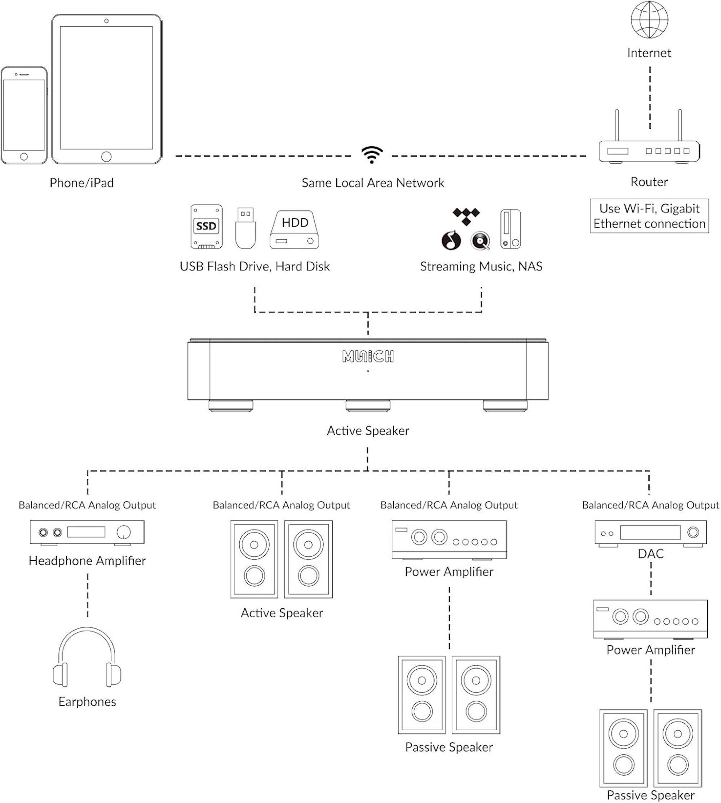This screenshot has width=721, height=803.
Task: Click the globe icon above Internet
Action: [649, 20]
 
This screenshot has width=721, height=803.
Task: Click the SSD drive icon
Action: [207, 226]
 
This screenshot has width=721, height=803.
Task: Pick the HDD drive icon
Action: [294, 229]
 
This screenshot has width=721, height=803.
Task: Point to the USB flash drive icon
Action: [246, 228]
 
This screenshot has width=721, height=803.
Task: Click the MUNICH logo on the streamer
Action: [368, 356]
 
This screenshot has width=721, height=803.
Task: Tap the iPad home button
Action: [106, 156]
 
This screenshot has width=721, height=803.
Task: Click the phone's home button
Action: [24, 156]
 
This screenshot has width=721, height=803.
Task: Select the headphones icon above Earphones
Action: [87, 657]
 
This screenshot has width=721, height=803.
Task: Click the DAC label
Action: [650, 553]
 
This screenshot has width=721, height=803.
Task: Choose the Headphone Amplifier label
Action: [87, 561]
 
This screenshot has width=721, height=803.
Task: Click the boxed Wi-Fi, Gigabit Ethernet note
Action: [649, 216]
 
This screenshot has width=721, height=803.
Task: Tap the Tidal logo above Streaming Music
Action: [466, 216]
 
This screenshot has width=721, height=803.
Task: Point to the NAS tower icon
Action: [510, 229]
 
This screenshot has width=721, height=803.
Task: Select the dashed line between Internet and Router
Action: [650, 98]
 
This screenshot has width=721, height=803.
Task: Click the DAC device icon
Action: [650, 534]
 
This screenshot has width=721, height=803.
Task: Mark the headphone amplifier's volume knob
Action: [124, 532]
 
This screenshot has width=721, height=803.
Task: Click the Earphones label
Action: [87, 702]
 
